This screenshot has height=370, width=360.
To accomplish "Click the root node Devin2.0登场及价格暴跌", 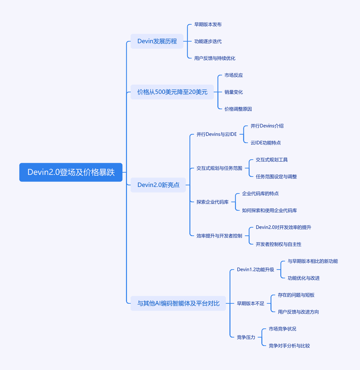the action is tap(71, 172).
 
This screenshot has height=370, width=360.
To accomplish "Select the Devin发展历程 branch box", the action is tap(157, 41).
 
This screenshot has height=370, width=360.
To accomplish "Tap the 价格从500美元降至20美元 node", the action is tap(172, 92).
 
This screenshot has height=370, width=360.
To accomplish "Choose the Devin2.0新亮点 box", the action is tap(158, 185).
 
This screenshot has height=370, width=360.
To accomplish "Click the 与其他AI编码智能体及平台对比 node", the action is tap(178, 303).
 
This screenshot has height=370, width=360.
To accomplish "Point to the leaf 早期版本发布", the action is tap(208, 25).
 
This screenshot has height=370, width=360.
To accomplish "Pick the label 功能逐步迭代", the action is tap(208, 42).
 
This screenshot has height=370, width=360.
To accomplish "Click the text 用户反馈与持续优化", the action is tap(215, 58).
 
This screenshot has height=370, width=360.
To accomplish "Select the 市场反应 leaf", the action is tap(234, 75).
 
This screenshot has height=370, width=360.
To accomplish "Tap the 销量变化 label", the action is tap(234, 92).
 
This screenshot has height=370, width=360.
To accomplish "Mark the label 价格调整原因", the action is tap(238, 109).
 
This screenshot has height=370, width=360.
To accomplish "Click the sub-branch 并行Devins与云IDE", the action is tap(217, 135).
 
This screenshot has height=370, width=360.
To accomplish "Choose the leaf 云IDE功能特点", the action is tap(266, 143).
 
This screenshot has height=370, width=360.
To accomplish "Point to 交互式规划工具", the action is tap(272, 160).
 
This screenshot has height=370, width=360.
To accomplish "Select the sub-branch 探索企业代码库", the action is tap(213, 202).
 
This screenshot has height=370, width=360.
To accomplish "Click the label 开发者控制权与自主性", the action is tap(279, 244).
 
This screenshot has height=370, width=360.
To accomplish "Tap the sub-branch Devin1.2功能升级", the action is tap(256, 270).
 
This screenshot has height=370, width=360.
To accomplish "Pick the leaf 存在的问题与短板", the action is tap(296, 295).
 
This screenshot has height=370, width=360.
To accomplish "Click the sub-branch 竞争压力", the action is tap(246, 337).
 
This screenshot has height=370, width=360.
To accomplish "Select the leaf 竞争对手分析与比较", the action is tap(289, 346).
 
